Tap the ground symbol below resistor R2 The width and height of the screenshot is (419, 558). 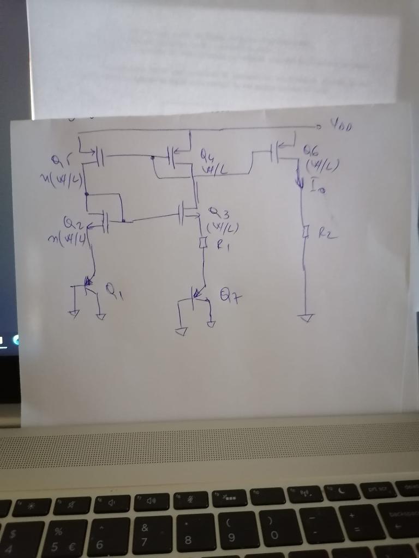click(306, 318)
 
